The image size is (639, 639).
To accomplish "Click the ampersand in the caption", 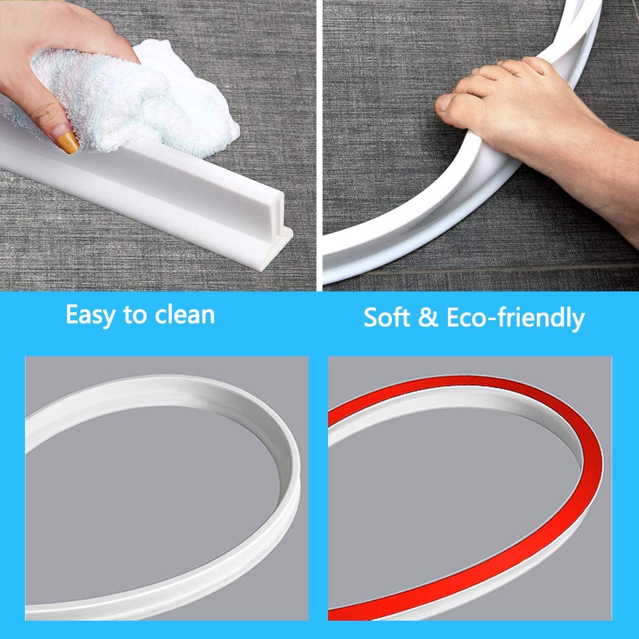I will point(428,318).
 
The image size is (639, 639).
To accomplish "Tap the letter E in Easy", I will point(73,315).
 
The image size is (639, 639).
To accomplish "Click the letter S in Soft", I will point(371,317).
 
